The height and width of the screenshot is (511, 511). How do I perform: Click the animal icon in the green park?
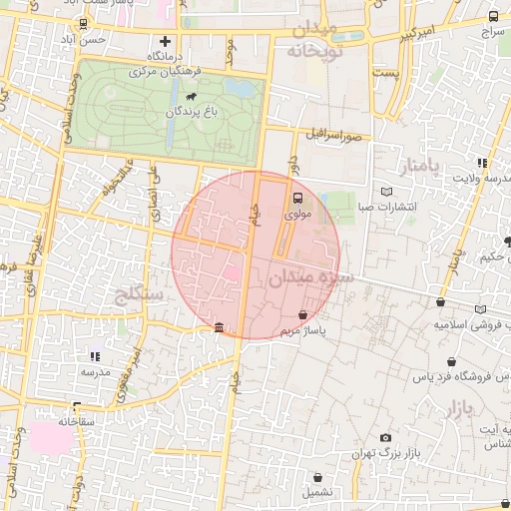(188, 98)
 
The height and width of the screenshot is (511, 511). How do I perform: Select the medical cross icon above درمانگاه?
(166, 42)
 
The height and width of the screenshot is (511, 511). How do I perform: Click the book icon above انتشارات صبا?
(388, 192)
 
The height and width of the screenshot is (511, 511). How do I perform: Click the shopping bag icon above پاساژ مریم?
(302, 314)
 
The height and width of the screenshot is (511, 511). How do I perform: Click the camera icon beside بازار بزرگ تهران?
(385, 437)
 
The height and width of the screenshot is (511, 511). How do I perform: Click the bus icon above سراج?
(493, 17)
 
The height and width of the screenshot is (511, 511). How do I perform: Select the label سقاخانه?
(76, 422)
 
